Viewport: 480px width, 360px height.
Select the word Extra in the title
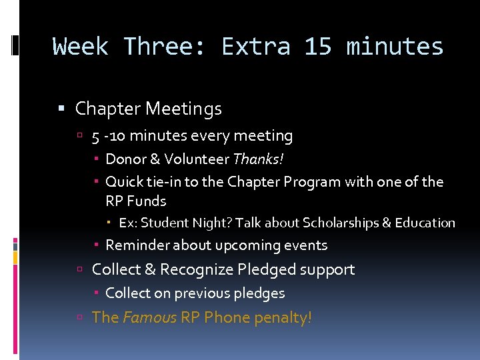coord(255,47)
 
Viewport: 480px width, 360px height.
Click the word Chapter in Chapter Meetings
coord(108,108)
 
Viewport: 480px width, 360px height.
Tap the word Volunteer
coord(196,159)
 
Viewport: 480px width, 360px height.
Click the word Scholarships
coord(339,223)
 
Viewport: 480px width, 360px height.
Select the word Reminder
coord(138,245)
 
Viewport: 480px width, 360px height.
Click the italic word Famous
coord(150,317)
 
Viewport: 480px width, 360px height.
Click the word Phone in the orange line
coord(225,317)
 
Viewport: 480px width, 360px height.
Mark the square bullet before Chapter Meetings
coord(61,109)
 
